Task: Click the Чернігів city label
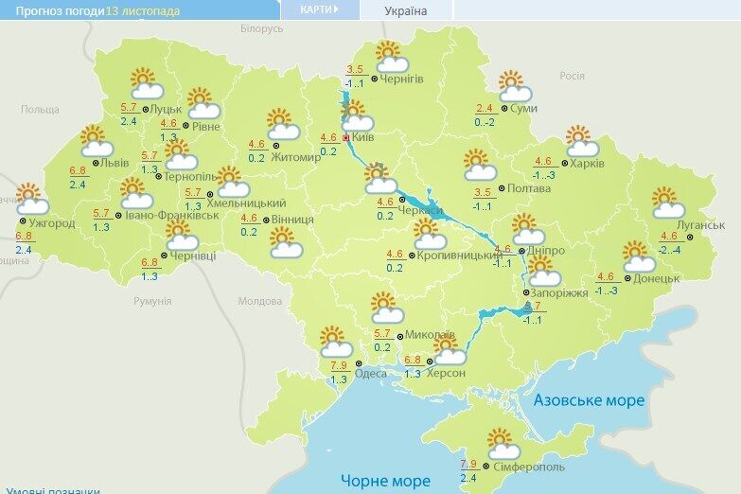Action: pyautogui.click(x=403, y=79)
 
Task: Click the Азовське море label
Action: pyautogui.click(x=589, y=400)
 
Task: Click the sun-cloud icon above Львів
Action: pyautogui.click(x=96, y=141)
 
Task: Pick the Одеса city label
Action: pyautogui.click(x=369, y=374)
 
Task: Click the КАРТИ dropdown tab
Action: pyautogui.click(x=320, y=9)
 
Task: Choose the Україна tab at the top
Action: pyautogui.click(x=405, y=11)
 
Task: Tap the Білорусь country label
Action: pyautogui.click(x=261, y=29)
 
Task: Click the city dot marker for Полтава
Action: pyautogui.click(x=501, y=188)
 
